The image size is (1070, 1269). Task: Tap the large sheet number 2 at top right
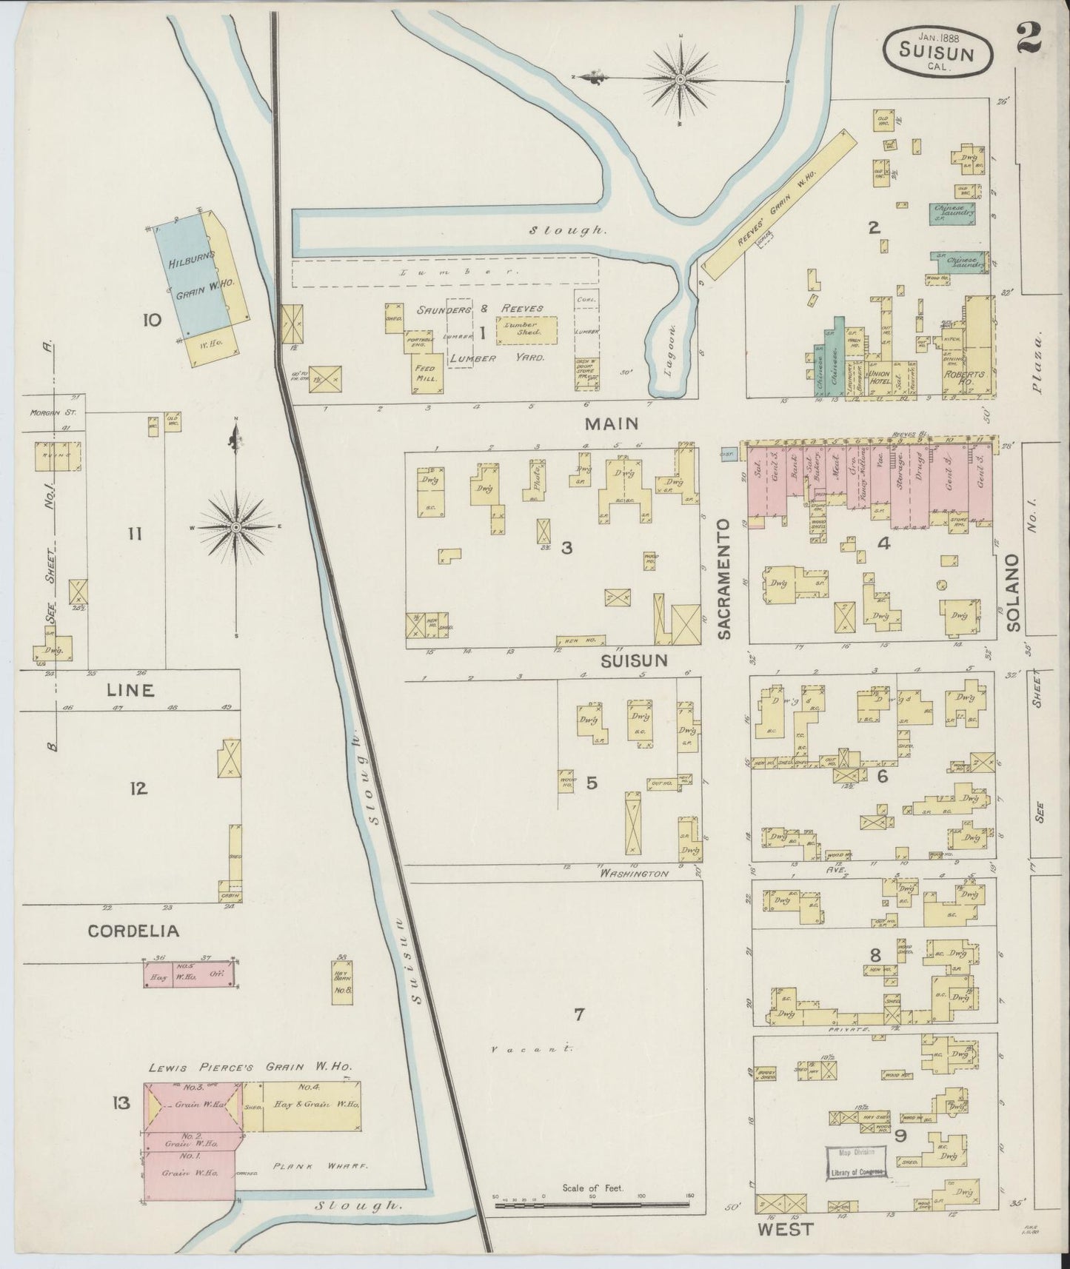coord(1029,37)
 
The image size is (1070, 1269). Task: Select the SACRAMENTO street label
coord(725,578)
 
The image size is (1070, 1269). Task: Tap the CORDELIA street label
coord(134,931)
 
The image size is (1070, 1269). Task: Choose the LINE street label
coord(130,690)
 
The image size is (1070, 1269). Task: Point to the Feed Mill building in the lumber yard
coord(427,372)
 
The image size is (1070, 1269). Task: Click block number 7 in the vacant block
coord(579,1014)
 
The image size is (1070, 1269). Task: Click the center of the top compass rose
coord(679,78)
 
